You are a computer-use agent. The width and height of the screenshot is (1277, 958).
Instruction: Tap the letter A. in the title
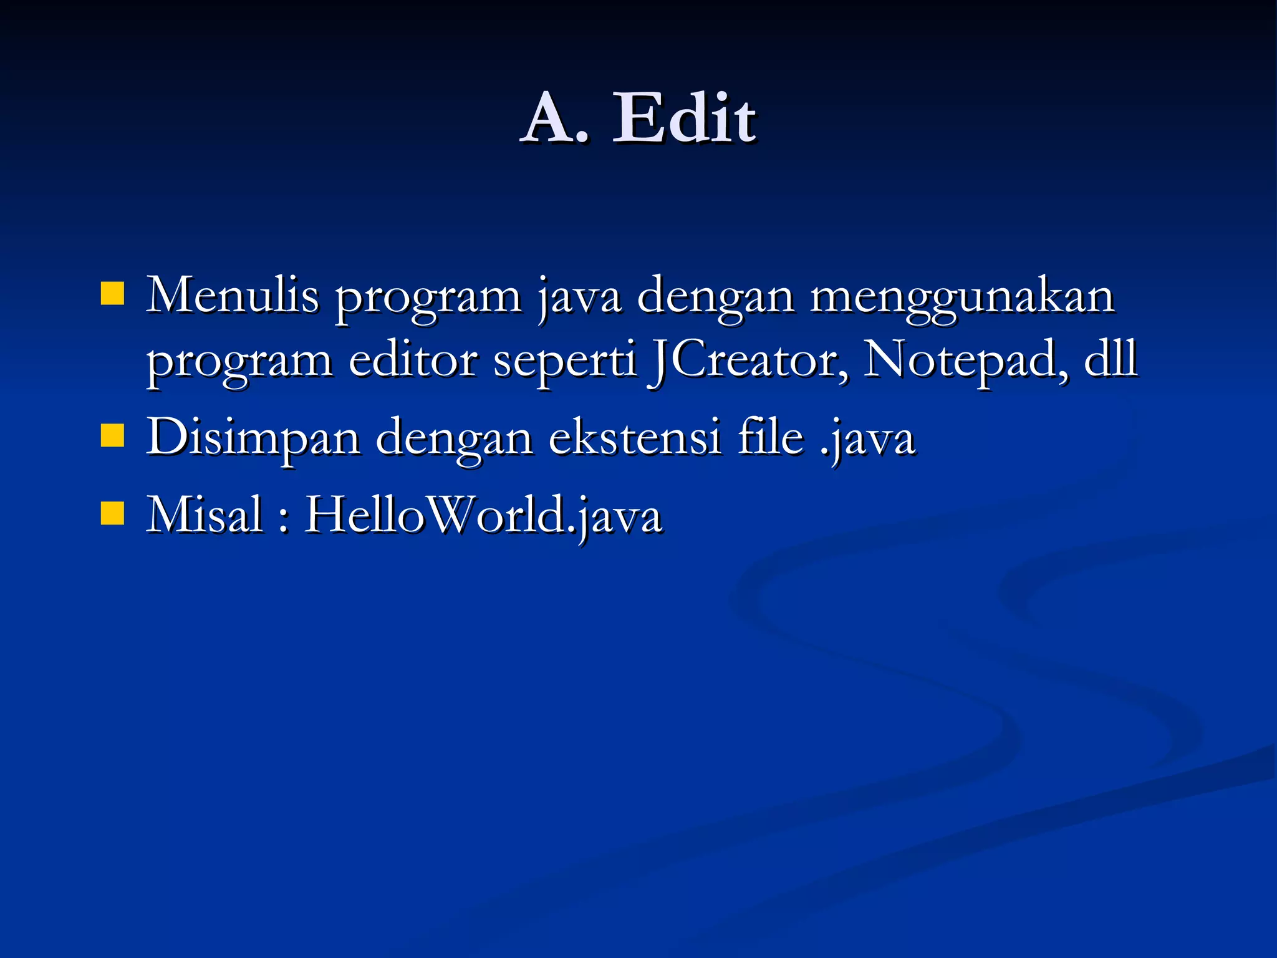click(555, 118)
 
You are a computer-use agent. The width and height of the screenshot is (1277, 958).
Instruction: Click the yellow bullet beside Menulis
click(112, 293)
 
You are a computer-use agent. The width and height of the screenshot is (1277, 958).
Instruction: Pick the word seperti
click(564, 362)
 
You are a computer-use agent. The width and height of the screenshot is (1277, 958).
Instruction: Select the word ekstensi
click(635, 437)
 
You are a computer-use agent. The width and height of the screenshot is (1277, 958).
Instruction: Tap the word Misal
click(204, 515)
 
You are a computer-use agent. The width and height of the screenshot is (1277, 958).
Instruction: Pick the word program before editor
click(239, 362)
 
